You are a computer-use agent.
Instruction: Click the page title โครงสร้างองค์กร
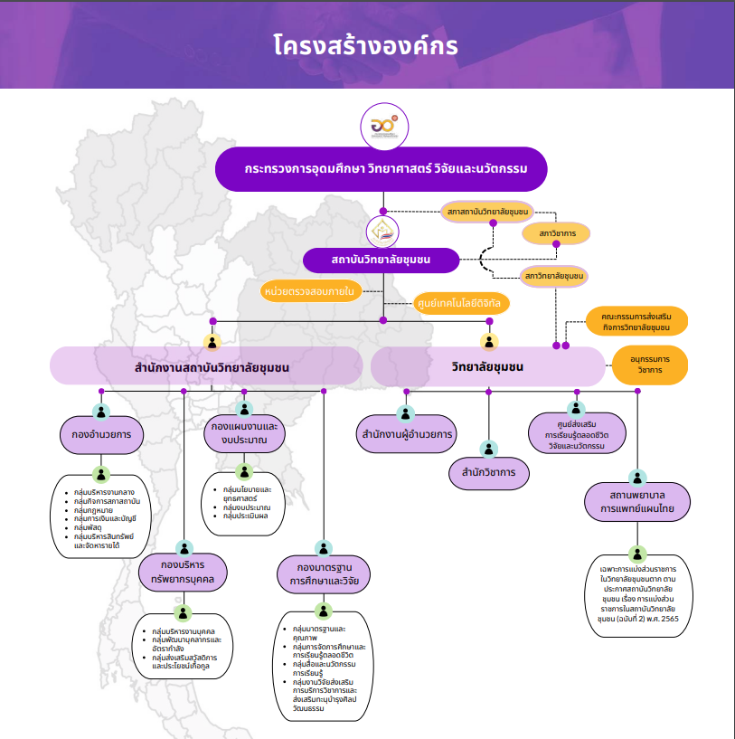point(366,46)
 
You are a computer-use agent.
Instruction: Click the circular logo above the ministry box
point(384,127)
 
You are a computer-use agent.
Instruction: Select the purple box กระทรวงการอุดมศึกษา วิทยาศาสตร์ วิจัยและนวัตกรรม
point(383,169)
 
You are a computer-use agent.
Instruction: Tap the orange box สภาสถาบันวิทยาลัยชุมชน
point(487,212)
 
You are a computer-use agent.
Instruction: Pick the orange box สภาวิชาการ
point(556,233)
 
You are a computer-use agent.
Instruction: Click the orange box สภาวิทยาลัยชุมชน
point(554,274)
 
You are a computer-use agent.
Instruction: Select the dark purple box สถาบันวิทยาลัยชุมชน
point(381,261)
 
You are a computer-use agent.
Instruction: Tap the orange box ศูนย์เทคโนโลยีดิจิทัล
point(460,303)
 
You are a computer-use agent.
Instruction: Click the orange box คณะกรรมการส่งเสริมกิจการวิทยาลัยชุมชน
point(636,321)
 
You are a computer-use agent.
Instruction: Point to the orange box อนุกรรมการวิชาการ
point(650,365)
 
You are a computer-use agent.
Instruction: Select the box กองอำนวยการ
point(101,434)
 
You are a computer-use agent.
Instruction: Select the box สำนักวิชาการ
point(489,472)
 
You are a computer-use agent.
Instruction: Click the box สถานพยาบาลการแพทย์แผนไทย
point(637,503)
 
